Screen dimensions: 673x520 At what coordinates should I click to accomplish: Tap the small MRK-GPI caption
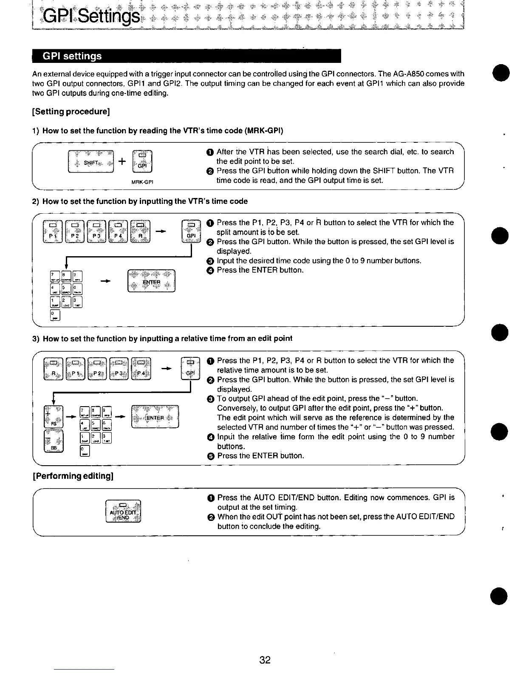pyautogui.click(x=142, y=183)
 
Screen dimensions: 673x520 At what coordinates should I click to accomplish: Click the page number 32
pyautogui.click(x=265, y=660)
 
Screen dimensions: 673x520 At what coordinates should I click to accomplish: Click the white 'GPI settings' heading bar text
pyautogui.click(x=73, y=56)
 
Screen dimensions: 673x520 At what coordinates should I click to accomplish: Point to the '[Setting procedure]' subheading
pyautogui.click(x=71, y=112)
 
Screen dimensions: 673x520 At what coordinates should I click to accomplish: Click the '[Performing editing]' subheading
pyautogui.click(x=73, y=476)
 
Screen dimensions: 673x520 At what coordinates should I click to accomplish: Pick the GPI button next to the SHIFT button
pyautogui.click(x=142, y=162)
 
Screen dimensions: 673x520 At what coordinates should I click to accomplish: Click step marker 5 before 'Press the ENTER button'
pyautogui.click(x=211, y=456)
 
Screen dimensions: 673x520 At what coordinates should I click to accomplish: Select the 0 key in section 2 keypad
pyautogui.click(x=55, y=315)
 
